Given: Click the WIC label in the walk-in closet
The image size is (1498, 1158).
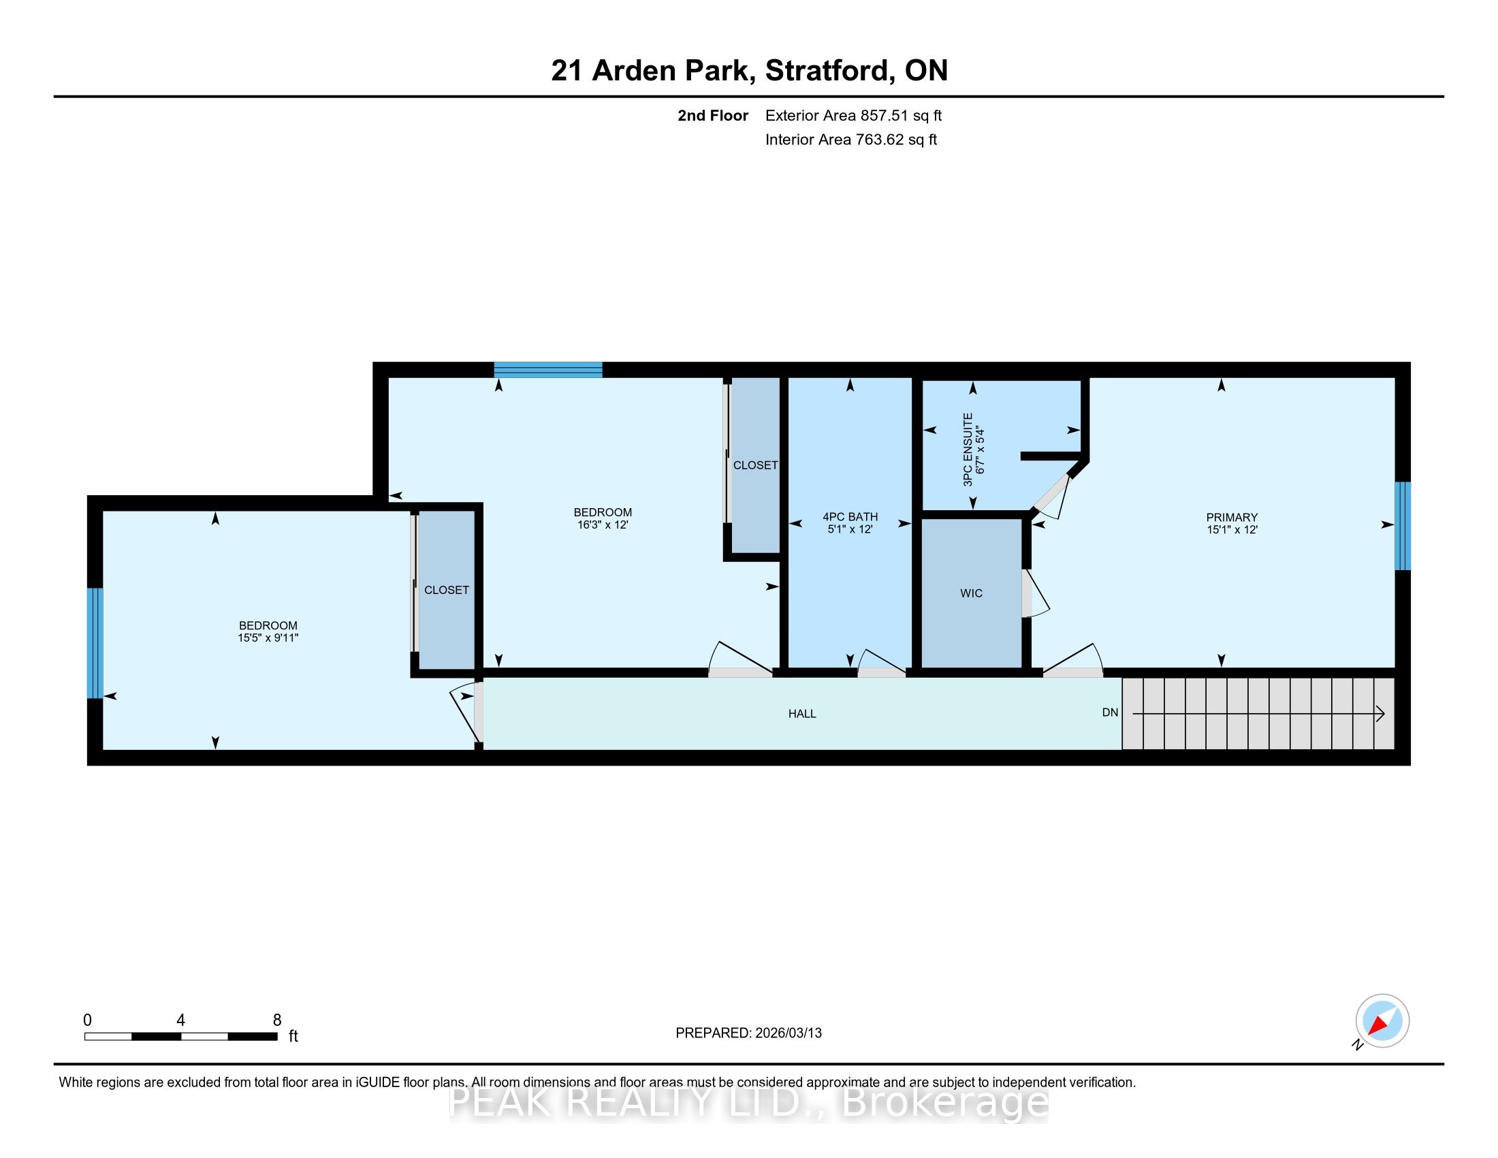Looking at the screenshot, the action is coord(971,593).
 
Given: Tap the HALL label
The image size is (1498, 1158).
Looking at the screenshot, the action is coord(802,713).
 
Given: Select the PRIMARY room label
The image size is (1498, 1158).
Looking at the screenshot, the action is coord(1232,517).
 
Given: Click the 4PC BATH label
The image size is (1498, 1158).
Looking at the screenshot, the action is coord(850,516).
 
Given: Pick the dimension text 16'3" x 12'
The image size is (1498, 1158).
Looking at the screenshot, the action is coord(603,525).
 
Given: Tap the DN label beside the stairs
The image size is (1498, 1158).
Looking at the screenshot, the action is coord(1110,713).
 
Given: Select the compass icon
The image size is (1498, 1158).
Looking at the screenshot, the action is coord(1382,1021).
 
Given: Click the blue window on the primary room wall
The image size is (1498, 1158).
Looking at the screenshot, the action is coord(1403,525).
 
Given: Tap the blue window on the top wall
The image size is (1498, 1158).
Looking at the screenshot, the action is coord(548,370).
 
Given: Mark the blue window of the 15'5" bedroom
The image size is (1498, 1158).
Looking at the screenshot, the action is coord(95,643).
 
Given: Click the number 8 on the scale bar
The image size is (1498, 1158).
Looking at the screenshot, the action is coord(277,1020).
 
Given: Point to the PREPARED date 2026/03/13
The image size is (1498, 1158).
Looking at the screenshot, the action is coord(787,1033).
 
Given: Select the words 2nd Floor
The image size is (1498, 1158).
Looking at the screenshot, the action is coord(713,116).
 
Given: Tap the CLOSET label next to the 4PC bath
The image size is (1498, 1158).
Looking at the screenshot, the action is coord(755,465).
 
